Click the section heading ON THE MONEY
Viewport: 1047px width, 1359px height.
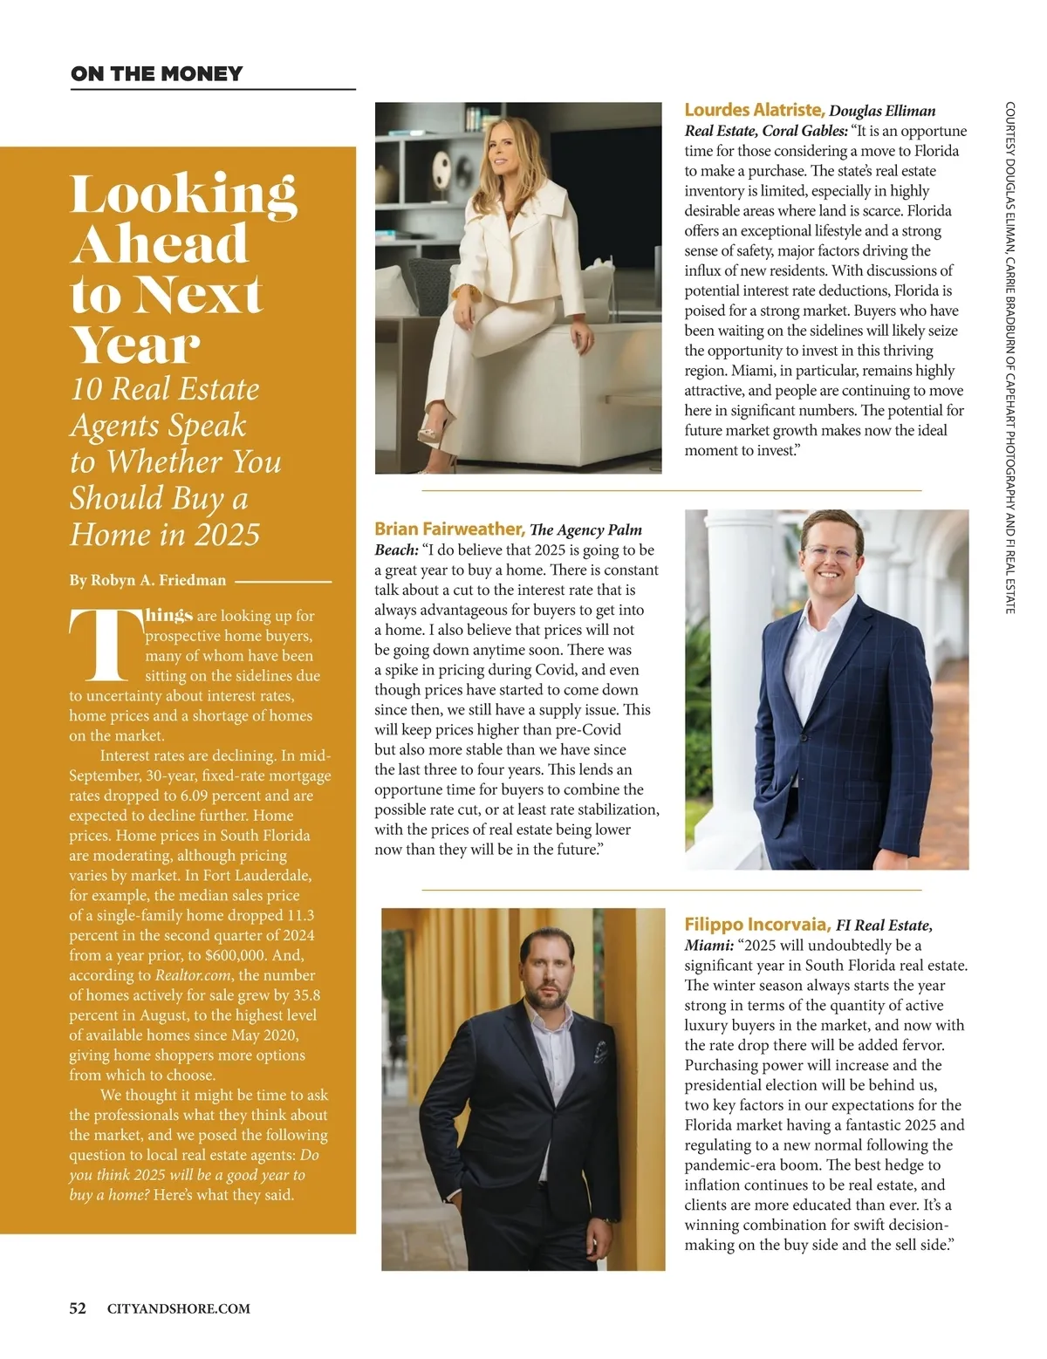coord(157,74)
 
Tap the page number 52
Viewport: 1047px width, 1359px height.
coord(78,1308)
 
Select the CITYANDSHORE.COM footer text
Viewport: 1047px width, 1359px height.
coord(178,1309)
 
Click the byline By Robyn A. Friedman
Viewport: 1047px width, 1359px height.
coord(147,580)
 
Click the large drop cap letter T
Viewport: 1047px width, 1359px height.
coord(106,645)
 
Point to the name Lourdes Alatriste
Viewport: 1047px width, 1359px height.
coord(754,110)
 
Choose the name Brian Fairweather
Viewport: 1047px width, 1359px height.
coord(448,529)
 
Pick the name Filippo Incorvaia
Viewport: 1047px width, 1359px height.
coord(756,925)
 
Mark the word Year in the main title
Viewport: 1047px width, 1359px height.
coord(135,345)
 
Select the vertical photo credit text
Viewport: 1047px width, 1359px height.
coord(1009,358)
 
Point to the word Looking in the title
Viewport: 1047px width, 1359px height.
coord(183,194)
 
